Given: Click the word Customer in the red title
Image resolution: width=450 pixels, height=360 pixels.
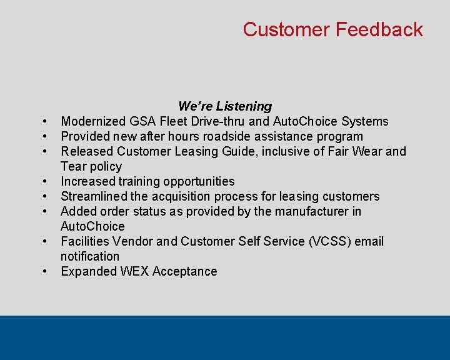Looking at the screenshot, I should [286, 29].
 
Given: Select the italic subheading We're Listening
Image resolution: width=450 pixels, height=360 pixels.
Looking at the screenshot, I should [225, 106].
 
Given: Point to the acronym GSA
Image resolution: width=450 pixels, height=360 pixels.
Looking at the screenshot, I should [144, 121].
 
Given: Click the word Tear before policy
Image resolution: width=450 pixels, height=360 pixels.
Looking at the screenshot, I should [74, 166].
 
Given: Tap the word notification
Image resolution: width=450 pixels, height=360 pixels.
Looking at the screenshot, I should [90, 256].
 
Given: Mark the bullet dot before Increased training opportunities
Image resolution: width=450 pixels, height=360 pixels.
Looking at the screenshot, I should [47, 182].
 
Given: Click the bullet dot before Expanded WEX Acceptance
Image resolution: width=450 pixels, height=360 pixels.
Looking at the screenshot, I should [47, 272].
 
